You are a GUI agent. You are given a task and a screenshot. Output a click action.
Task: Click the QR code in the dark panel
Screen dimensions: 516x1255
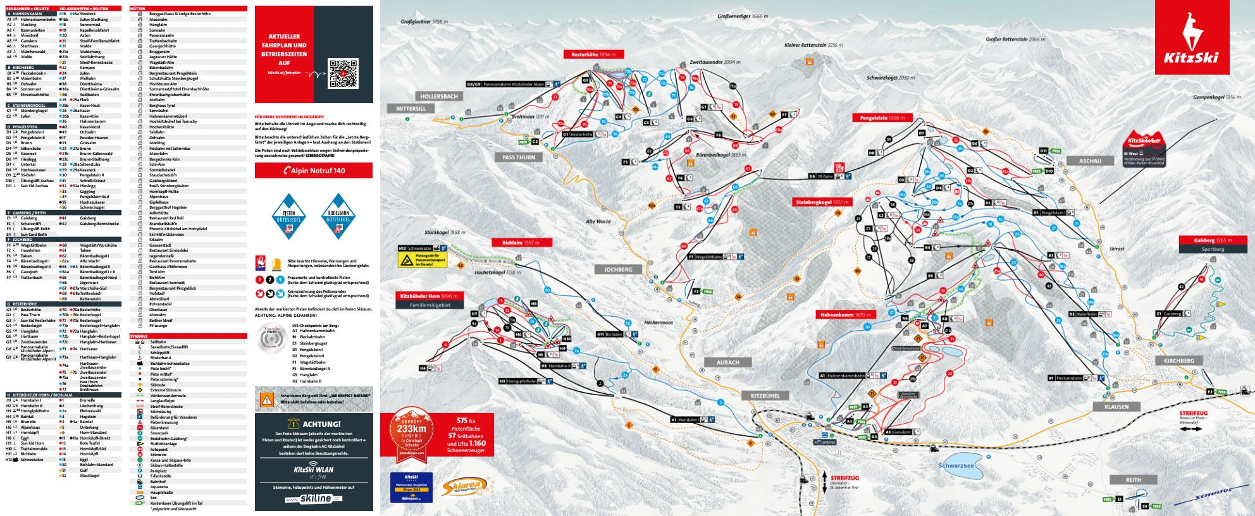pyautogui.click(x=343, y=74)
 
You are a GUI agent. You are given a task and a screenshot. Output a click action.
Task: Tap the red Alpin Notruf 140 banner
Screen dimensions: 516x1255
pyautogui.click(x=314, y=171)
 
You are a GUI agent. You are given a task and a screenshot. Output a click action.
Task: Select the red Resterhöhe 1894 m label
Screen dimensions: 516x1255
pyautogui.click(x=593, y=54)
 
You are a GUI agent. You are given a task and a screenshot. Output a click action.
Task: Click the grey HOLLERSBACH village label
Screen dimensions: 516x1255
pyautogui.click(x=438, y=96)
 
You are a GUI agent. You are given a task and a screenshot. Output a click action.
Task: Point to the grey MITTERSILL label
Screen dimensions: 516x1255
pyautogui.click(x=411, y=109)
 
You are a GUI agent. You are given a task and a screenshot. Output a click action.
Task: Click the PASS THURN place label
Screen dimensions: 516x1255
pyautogui.click(x=518, y=157)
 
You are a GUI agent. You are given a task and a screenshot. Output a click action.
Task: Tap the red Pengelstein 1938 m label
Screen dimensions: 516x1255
pyautogui.click(x=882, y=118)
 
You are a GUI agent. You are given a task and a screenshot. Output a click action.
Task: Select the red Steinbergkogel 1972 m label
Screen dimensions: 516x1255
pyautogui.click(x=822, y=202)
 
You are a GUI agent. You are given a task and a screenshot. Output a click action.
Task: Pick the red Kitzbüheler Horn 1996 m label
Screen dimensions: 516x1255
pyautogui.click(x=428, y=296)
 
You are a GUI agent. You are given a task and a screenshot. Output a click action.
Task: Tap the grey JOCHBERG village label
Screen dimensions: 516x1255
pyautogui.click(x=618, y=269)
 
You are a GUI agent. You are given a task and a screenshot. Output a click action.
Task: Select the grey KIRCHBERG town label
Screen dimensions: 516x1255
pyautogui.click(x=1178, y=360)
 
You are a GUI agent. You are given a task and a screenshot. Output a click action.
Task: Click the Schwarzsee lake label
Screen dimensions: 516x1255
pyautogui.click(x=956, y=465)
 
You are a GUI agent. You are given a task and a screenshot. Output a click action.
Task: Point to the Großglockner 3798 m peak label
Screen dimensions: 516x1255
pyautogui.click(x=424, y=21)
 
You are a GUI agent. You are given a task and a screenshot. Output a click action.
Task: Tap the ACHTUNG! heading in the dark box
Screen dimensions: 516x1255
pyautogui.click(x=314, y=424)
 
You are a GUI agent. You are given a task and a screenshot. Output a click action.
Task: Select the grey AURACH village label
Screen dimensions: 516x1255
pyautogui.click(x=727, y=362)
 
